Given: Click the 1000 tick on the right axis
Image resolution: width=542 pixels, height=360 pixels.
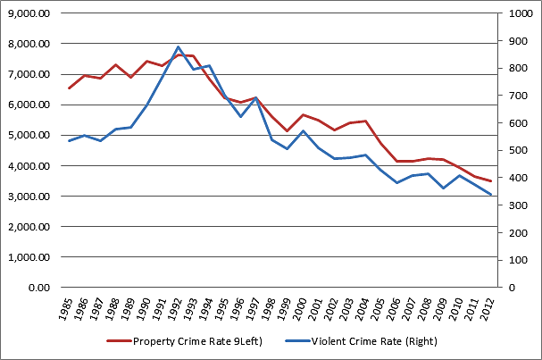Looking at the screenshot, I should click(x=519, y=13).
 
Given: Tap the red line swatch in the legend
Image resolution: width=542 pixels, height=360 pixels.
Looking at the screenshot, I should click(x=118, y=341).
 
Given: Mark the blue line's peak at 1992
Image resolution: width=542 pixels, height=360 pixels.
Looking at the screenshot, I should click(x=179, y=46).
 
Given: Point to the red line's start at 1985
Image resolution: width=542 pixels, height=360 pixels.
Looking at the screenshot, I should click(x=69, y=88).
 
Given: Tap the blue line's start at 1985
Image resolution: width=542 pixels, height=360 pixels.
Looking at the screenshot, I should click(x=69, y=141).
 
